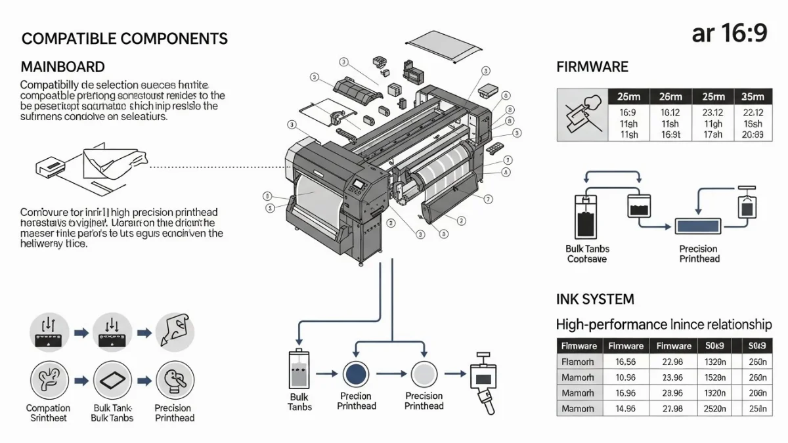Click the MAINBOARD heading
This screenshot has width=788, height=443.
point(63,67)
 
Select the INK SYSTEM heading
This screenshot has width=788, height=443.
point(595,300)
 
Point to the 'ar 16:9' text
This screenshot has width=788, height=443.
point(729,33)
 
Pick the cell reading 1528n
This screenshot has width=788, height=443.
point(716,377)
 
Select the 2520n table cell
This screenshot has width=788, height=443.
point(716,408)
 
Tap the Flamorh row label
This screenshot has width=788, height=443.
point(578,362)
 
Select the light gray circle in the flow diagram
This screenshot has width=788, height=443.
point(424,373)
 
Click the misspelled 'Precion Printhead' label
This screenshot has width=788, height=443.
point(356,401)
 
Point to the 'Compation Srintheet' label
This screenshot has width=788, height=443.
point(48,413)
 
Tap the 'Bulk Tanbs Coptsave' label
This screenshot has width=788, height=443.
point(587,254)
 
